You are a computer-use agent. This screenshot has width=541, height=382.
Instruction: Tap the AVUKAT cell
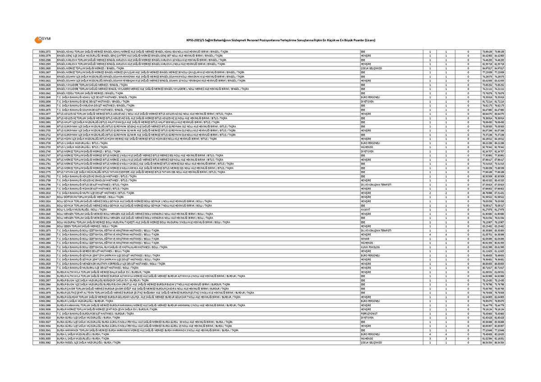(x=366, y=209)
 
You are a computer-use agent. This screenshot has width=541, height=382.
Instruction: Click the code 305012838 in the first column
(x=45, y=209)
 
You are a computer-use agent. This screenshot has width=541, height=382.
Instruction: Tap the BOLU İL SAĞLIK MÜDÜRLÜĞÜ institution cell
(x=77, y=209)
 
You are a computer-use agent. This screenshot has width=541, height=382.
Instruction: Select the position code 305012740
(x=45, y=151)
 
